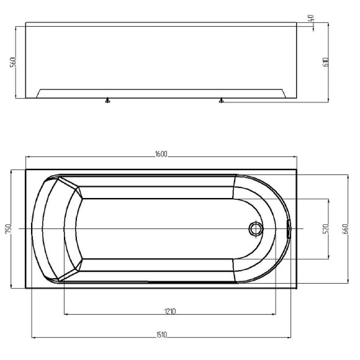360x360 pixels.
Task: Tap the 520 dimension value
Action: coord(325,229)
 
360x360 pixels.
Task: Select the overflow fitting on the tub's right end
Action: coord(289,228)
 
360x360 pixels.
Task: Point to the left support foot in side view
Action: coord(107,101)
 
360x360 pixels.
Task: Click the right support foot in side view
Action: coord(221,101)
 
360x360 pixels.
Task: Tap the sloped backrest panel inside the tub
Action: coord(71,229)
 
